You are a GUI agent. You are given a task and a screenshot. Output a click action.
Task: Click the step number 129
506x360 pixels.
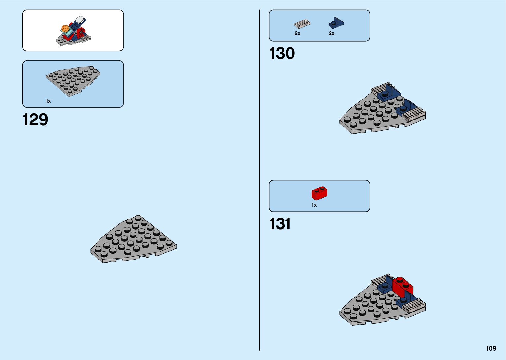[x=35, y=120]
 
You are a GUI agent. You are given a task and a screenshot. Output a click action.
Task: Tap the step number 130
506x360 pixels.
[x=282, y=54]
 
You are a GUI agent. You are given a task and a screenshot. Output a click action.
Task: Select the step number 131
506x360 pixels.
[x=280, y=224]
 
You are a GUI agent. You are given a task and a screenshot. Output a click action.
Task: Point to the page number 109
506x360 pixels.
[x=491, y=348]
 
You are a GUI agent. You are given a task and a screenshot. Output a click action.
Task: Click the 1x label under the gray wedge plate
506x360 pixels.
[x=48, y=101]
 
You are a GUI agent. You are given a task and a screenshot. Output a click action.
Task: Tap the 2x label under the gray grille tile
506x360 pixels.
[x=297, y=33]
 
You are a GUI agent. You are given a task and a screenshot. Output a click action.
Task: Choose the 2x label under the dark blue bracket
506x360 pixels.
[x=331, y=33]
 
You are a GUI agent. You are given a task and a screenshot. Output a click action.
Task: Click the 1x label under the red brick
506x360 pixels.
[x=314, y=205]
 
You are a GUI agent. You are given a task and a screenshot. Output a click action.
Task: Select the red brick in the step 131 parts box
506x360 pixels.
[x=319, y=193]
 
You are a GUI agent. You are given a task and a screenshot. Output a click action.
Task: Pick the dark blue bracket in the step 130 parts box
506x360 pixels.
[x=336, y=23]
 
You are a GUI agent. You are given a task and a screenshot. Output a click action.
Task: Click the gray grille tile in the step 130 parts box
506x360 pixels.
[x=302, y=24]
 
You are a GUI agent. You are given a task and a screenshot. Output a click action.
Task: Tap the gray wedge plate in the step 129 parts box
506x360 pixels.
[x=73, y=81]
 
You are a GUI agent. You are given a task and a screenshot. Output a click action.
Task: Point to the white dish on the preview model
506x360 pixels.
[x=80, y=19]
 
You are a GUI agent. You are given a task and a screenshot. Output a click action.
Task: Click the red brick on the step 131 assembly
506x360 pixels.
[x=403, y=287]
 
